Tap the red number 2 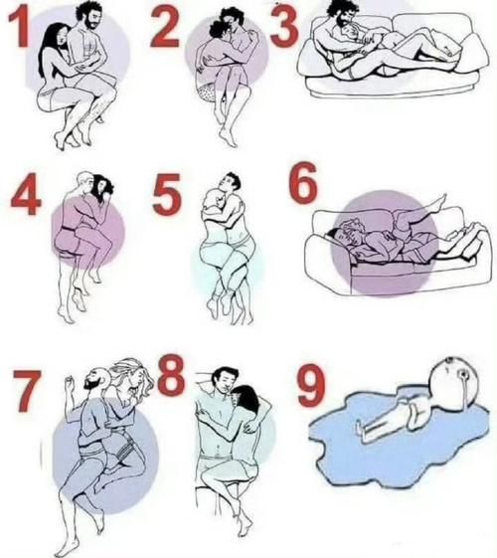click(164, 27)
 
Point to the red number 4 click(26, 194)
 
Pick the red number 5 click(167, 194)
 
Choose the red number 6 click(302, 184)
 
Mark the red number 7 click(27, 390)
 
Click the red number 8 click(171, 375)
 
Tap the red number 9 click(311, 385)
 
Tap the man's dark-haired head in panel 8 click(225, 380)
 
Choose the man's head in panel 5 click(231, 183)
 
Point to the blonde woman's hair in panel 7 click(131, 374)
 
